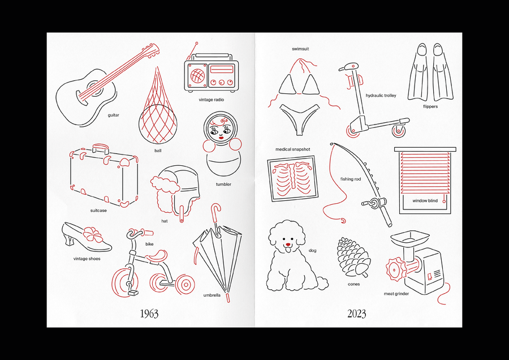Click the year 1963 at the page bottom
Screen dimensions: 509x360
point(149,314)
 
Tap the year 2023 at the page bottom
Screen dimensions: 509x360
point(356,314)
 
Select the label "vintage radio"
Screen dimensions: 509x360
point(212,100)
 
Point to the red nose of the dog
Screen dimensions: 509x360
point(288,245)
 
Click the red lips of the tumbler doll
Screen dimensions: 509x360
point(221,138)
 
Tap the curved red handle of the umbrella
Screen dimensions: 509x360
point(215,211)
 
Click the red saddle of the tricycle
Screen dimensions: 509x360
point(157,256)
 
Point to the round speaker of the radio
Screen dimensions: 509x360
point(197,75)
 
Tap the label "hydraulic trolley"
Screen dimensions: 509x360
point(381,96)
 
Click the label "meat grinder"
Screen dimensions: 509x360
point(396,294)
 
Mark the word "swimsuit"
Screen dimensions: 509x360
point(300,49)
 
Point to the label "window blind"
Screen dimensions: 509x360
point(425,201)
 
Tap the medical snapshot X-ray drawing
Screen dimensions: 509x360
point(293,178)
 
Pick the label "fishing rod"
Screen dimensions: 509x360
point(351,179)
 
